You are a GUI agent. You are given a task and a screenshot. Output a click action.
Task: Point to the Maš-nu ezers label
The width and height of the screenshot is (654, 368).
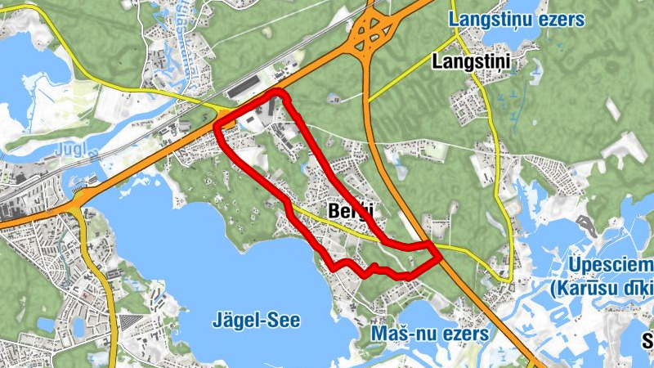click(429, 334)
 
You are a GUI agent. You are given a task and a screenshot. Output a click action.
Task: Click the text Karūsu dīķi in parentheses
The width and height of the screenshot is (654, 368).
click(603, 288)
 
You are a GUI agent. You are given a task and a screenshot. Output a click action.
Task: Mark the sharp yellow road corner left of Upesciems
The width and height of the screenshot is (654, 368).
click(510, 280)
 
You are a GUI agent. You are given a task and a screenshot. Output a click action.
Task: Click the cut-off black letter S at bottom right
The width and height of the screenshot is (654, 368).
click(647, 340)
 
